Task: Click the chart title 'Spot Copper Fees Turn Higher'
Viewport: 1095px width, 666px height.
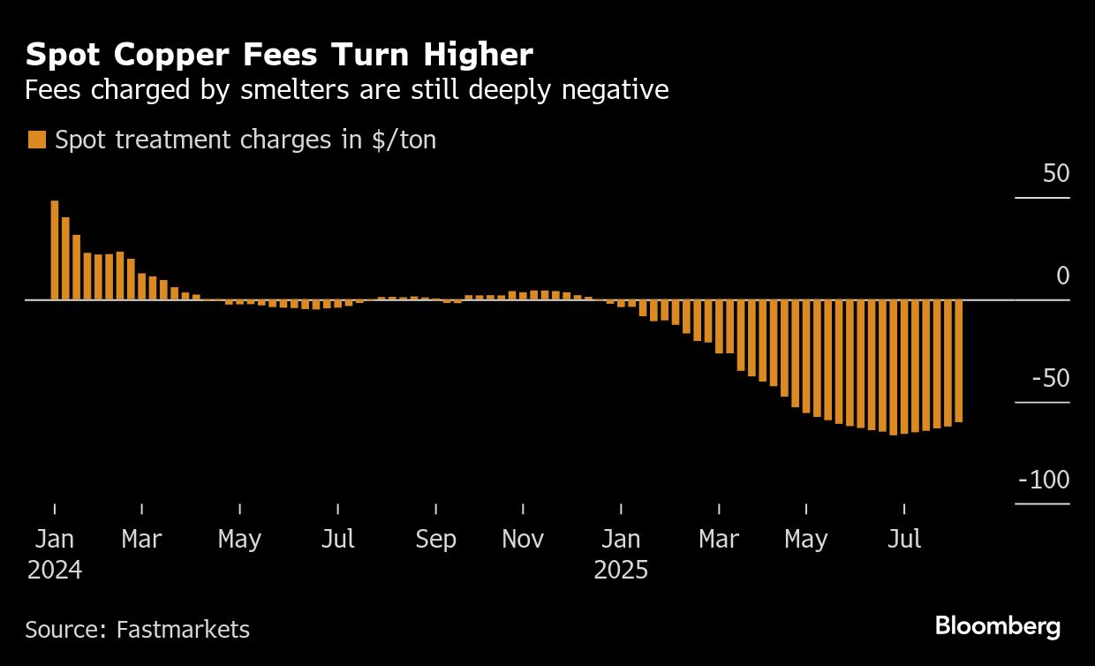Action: point(279,56)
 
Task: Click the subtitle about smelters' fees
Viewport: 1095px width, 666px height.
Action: point(346,90)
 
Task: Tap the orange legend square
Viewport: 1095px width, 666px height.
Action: point(37,140)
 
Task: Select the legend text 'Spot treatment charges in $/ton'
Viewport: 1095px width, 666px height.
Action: point(245,140)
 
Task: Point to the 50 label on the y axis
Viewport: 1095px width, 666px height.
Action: point(1056,174)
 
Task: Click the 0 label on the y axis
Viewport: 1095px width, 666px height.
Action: point(1062,276)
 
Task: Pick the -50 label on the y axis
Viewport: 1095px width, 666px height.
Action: point(1049,379)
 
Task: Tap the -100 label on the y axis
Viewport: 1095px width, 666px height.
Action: point(1044,481)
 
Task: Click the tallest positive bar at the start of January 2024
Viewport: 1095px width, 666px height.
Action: point(55,250)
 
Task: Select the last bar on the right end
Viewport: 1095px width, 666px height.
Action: point(958,361)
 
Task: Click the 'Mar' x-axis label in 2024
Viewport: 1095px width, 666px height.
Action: point(141,540)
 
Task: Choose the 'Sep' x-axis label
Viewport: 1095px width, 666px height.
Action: point(435,540)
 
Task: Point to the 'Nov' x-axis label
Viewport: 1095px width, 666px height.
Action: point(523,540)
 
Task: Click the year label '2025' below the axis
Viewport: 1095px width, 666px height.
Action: point(621,570)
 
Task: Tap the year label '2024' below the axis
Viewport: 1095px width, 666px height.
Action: point(55,570)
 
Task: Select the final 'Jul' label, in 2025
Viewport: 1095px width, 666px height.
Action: point(904,540)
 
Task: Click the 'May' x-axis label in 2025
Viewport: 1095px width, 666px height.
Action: point(806,540)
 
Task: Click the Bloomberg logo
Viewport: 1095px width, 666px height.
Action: point(998,627)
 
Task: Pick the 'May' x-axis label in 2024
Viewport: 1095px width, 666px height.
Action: point(239,540)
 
